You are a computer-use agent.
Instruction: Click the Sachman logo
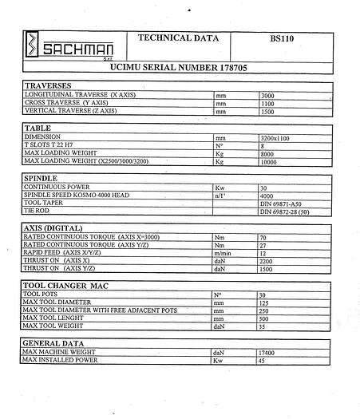pyautogui.click(x=64, y=45)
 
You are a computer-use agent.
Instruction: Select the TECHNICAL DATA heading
pyautogui.click(x=176, y=38)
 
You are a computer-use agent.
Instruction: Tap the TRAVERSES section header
pyautogui.click(x=48, y=85)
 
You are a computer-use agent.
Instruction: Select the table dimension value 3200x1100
pyautogui.click(x=275, y=138)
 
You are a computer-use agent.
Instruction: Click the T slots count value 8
pyautogui.click(x=263, y=145)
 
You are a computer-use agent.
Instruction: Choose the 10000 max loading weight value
pyautogui.click(x=270, y=161)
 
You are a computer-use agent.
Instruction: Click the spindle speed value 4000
pyautogui.click(x=268, y=195)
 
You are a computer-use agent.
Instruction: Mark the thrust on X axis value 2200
pyautogui.click(x=267, y=261)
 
